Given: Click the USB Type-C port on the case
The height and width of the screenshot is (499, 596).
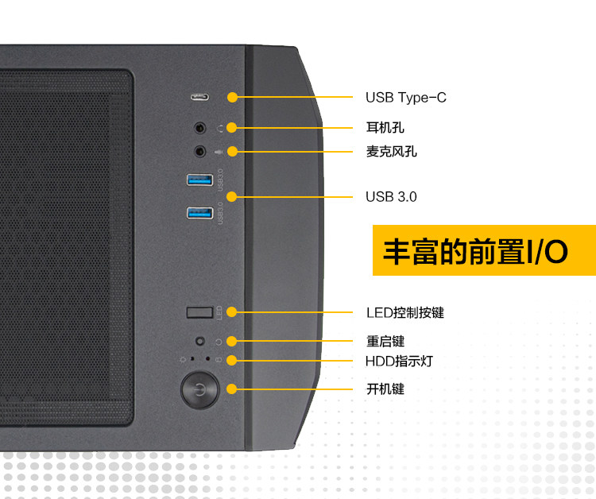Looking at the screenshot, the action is [199, 98].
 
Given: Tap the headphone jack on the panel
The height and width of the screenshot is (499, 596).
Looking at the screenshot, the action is [200, 127].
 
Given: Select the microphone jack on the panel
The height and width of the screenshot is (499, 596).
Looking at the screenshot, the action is [200, 150].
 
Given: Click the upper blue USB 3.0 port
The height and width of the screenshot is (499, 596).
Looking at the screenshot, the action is [199, 180].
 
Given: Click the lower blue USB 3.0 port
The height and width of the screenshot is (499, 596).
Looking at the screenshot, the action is [199, 212].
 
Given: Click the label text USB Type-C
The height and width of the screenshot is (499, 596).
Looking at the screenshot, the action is [405, 98].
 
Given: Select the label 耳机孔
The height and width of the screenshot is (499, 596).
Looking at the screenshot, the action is [385, 127].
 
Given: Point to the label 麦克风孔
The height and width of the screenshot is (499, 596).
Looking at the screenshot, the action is [391, 151].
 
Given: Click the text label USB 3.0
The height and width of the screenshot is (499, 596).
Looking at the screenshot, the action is [391, 196].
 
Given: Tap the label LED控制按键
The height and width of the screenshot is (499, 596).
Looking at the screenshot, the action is [404, 312].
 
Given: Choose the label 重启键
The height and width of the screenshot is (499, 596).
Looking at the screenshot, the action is [385, 341].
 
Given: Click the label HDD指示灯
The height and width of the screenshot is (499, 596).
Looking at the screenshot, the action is [399, 361].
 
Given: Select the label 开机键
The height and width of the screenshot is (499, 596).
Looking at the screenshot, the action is [385, 389].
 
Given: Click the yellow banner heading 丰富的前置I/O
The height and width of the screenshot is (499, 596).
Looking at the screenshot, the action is [475, 251].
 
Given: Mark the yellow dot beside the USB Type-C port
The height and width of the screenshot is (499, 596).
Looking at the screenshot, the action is [232, 98].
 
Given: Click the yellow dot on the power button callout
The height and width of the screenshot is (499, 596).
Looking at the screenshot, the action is [232, 389].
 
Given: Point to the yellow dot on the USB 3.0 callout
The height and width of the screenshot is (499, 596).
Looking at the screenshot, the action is [232, 196].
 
